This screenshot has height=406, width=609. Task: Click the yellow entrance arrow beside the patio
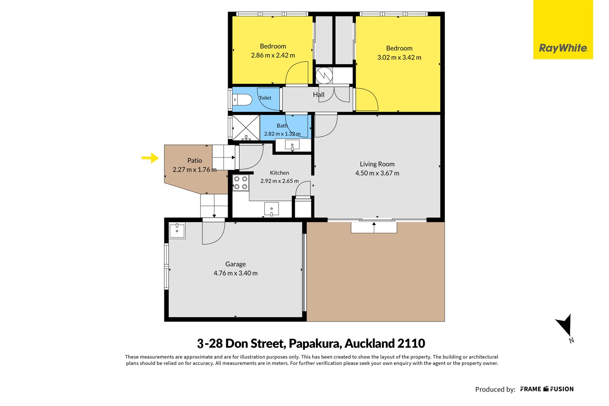pyautogui.click(x=150, y=158)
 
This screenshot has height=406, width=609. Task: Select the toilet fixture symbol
pyautogui.click(x=242, y=100)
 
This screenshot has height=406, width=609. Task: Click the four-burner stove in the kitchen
pyautogui.click(x=241, y=183)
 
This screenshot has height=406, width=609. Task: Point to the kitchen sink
pyautogui.click(x=272, y=209)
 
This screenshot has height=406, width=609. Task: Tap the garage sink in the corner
pyautogui.click(x=177, y=231)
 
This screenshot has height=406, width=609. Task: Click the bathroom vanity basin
pyautogui.click(x=292, y=145)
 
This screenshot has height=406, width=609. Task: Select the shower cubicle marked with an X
pyautogui.click(x=246, y=127)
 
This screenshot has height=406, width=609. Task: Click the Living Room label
pyautogui.click(x=377, y=164)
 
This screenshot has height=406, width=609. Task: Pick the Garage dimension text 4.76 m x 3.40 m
pyautogui.click(x=236, y=273)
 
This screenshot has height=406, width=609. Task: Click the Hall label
pyautogui.click(x=319, y=95)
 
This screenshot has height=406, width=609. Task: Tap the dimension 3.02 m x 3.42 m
pyautogui.click(x=399, y=57)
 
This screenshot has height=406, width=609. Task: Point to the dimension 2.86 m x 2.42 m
pyautogui.click(x=273, y=55)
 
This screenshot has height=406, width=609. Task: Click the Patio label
pyautogui.click(x=194, y=160)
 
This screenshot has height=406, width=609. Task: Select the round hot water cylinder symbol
pyautogui.click(x=324, y=75)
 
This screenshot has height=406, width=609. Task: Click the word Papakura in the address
pyautogui.click(x=315, y=344)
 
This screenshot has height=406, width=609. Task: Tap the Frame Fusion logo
pyautogui.click(x=547, y=389)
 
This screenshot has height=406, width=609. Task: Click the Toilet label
pyautogui.click(x=265, y=98)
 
